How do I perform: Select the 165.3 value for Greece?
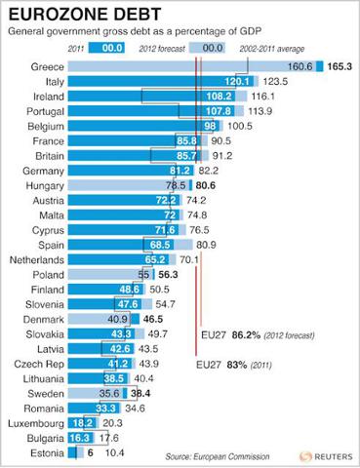pos(337,65)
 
